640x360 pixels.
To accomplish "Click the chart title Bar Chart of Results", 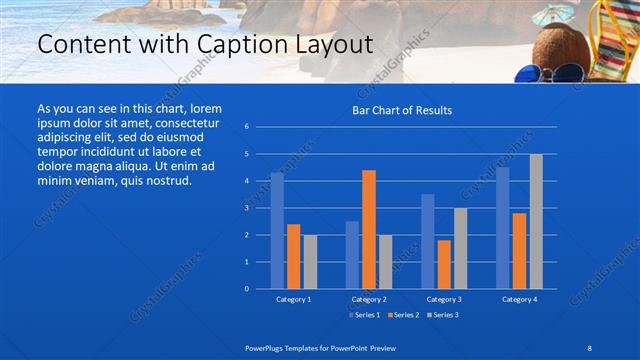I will click(x=401, y=110).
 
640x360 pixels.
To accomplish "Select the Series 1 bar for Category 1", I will click(x=277, y=230).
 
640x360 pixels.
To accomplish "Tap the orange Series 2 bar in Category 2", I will click(x=369, y=229).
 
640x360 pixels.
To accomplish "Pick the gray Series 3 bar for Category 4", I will click(x=536, y=221).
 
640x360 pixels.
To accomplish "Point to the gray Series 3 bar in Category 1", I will click(x=310, y=261).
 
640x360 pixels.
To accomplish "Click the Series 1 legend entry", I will click(x=364, y=315).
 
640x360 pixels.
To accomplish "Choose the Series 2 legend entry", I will click(x=401, y=315).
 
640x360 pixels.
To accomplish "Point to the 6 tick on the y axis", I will click(x=246, y=127).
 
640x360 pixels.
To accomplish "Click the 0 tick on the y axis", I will click(x=246, y=288).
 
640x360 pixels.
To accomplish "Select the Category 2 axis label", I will click(x=369, y=299).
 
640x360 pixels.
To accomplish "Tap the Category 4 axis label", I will click(x=519, y=299).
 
